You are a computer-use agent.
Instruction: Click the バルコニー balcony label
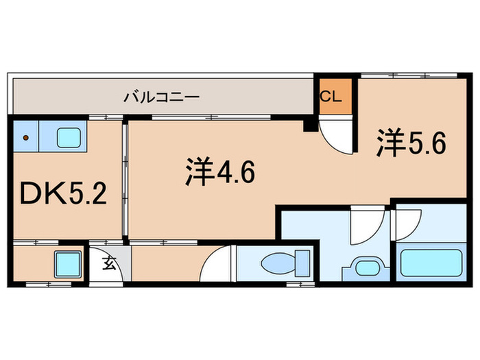[161, 97]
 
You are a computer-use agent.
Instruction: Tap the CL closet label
[331, 97]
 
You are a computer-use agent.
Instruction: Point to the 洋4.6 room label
[219, 172]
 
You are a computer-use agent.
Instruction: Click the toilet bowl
[278, 263]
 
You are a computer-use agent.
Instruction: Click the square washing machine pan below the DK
[67, 263]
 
